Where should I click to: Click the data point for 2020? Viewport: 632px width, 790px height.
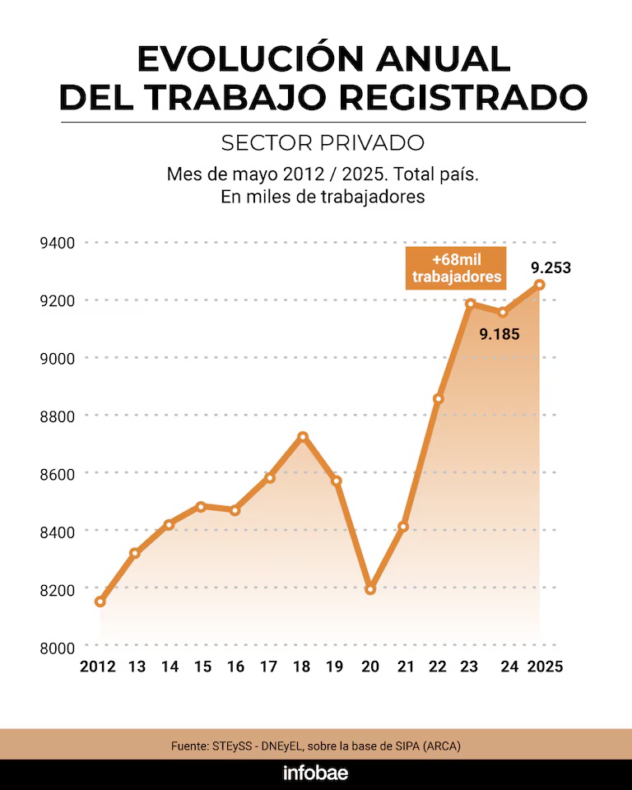tap(370, 589)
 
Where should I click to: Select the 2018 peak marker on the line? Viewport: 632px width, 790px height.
tap(303, 437)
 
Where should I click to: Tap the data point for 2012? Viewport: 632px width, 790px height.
tap(100, 602)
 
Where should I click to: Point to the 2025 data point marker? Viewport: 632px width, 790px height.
tap(540, 285)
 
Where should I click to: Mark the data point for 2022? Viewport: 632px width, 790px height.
tap(439, 399)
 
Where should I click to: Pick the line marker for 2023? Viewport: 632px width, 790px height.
tap(471, 304)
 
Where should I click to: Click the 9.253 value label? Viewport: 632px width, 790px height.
tap(551, 267)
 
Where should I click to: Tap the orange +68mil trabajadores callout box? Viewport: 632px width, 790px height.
tap(456, 268)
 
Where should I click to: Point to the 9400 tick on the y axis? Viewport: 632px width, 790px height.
tap(57, 243)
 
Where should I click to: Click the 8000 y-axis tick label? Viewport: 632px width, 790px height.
tap(57, 647)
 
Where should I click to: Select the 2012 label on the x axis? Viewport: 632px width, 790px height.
tap(98, 667)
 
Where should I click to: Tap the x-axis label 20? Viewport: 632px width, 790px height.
tap(369, 667)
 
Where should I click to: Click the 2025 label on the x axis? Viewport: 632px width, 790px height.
tap(545, 667)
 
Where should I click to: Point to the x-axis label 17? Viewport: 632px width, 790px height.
tap(269, 667)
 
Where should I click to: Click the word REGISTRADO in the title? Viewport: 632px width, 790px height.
tap(464, 97)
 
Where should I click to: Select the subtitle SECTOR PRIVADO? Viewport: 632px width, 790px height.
tap(323, 142)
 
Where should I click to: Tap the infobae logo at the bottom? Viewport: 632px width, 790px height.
tap(316, 774)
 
